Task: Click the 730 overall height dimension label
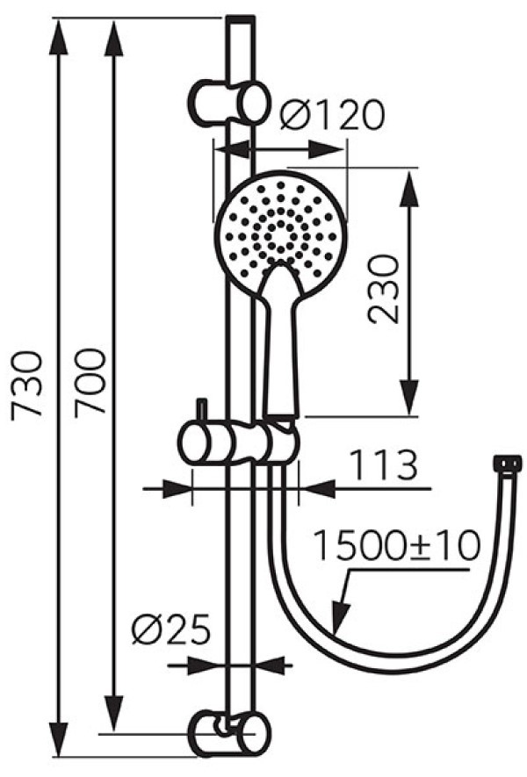pyautogui.click(x=26, y=386)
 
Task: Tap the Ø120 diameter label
pyautogui.click(x=332, y=114)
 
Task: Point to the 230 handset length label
pyautogui.click(x=383, y=290)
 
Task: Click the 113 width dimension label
pyautogui.click(x=384, y=465)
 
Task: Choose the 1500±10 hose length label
pyautogui.click(x=398, y=545)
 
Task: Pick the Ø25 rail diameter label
pyautogui.click(x=171, y=630)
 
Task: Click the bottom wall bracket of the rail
pyautogui.click(x=229, y=734)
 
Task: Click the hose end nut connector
pyautogui.click(x=508, y=464)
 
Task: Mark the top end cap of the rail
pyautogui.click(x=241, y=20)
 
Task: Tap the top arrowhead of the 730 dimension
pyautogui.click(x=59, y=38)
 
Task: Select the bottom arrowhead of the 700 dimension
pyautogui.click(x=114, y=714)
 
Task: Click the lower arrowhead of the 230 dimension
pyautogui.click(x=410, y=398)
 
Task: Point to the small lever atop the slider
pyautogui.click(x=202, y=411)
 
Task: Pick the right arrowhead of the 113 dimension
pyautogui.click(x=318, y=489)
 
